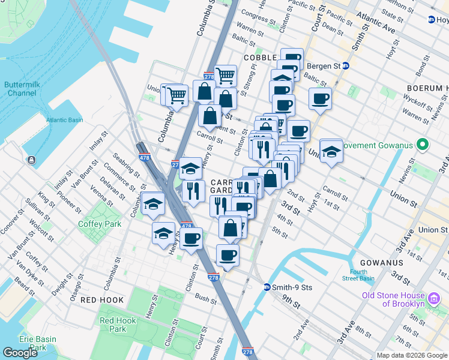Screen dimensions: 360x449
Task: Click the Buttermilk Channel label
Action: [x=22, y=89]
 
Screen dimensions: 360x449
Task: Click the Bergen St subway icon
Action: [x=345, y=65]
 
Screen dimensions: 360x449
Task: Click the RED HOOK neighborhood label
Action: [x=101, y=299]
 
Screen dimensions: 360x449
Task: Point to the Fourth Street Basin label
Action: [x=359, y=275]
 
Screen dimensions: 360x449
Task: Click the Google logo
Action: [x=20, y=353]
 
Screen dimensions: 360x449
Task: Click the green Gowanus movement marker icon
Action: [x=422, y=145]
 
